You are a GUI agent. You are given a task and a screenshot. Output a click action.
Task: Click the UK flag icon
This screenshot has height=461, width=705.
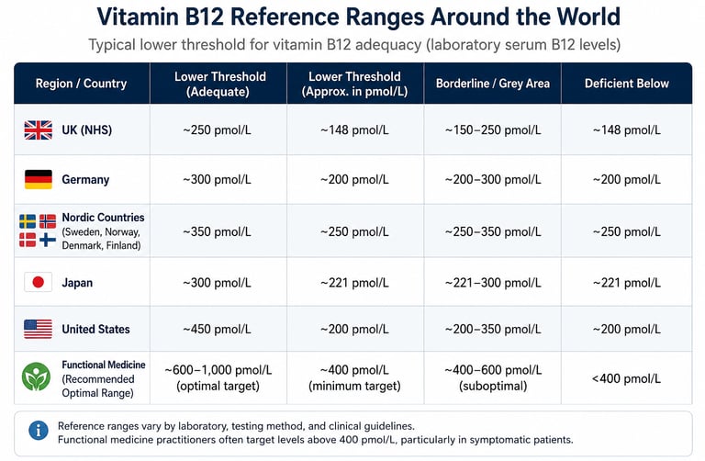(39, 130)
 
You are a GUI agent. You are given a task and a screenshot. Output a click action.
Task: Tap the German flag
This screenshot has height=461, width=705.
(39, 179)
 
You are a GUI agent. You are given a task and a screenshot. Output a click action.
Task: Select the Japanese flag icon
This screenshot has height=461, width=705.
(39, 282)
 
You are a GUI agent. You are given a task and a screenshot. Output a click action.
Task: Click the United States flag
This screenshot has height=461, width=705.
(39, 329)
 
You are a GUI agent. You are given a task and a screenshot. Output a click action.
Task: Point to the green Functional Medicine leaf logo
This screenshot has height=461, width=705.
(36, 377)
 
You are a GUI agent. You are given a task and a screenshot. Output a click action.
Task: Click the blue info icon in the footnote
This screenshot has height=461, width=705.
(39, 431)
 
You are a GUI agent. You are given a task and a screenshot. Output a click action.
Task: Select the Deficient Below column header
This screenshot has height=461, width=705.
(627, 84)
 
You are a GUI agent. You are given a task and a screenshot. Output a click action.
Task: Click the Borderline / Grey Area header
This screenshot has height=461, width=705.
(493, 84)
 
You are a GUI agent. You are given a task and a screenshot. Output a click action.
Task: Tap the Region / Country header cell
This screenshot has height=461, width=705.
(82, 84)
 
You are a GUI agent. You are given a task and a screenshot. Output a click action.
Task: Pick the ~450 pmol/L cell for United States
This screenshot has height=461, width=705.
(218, 330)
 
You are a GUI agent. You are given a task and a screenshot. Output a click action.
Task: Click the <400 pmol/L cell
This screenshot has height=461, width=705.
(626, 378)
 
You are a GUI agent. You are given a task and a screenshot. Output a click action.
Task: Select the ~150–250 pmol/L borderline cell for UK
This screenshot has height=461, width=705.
(493, 130)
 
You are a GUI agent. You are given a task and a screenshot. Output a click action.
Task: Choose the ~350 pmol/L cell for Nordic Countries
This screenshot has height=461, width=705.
(218, 231)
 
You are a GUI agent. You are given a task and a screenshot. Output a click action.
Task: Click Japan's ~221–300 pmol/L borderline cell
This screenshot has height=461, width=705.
(493, 283)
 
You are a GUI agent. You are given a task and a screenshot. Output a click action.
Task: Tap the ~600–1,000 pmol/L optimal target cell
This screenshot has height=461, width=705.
(218, 377)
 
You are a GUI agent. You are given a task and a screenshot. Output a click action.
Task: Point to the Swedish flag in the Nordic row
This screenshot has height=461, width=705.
(28, 221)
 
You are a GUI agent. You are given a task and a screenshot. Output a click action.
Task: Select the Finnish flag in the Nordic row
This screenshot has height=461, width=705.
(48, 240)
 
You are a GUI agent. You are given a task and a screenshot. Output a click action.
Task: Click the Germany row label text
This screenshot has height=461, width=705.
(85, 179)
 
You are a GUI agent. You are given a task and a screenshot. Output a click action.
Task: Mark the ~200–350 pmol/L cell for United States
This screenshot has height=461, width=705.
(493, 330)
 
